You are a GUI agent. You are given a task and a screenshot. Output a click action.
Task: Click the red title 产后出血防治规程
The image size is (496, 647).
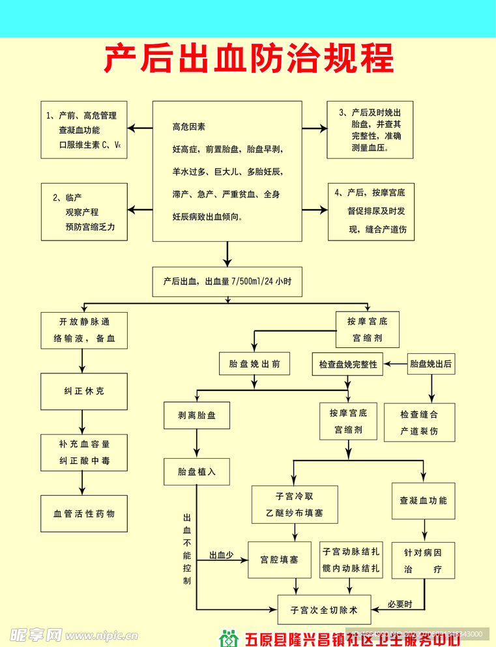(x=248, y=59)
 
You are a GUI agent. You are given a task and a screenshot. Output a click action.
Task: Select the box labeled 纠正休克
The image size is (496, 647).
(x=84, y=392)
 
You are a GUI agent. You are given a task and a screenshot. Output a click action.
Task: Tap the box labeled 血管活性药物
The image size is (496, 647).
(x=84, y=513)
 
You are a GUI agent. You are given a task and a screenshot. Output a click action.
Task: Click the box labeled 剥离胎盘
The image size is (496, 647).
(x=196, y=415)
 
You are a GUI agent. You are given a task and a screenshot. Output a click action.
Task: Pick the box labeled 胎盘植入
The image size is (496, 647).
(x=196, y=472)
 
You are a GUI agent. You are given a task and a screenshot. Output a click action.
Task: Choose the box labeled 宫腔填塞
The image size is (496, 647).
(x=279, y=560)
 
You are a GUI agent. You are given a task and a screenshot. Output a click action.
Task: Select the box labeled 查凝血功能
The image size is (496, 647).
(x=423, y=500)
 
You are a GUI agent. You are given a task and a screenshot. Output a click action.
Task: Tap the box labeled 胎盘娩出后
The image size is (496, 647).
(x=430, y=364)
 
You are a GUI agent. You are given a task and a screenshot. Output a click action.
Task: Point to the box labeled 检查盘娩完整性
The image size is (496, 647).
(x=348, y=365)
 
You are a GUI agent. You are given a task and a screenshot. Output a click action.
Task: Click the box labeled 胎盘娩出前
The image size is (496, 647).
(x=254, y=364)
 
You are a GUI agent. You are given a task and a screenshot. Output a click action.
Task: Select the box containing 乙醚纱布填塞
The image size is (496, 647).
(x=295, y=504)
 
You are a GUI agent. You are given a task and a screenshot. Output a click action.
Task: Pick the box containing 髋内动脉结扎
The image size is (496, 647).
(x=351, y=560)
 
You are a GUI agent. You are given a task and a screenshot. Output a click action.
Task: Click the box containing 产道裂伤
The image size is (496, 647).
(x=419, y=422)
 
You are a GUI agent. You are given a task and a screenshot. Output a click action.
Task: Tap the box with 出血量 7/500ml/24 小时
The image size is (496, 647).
(x=227, y=281)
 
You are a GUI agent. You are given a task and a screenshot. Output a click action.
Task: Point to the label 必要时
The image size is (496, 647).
(x=400, y=604)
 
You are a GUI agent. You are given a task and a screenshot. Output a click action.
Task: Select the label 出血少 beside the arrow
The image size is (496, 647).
(x=221, y=556)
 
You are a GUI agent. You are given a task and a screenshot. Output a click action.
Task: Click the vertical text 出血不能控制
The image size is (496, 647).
(x=187, y=547)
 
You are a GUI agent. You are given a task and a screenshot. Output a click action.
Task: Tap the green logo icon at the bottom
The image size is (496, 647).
(x=228, y=639)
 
